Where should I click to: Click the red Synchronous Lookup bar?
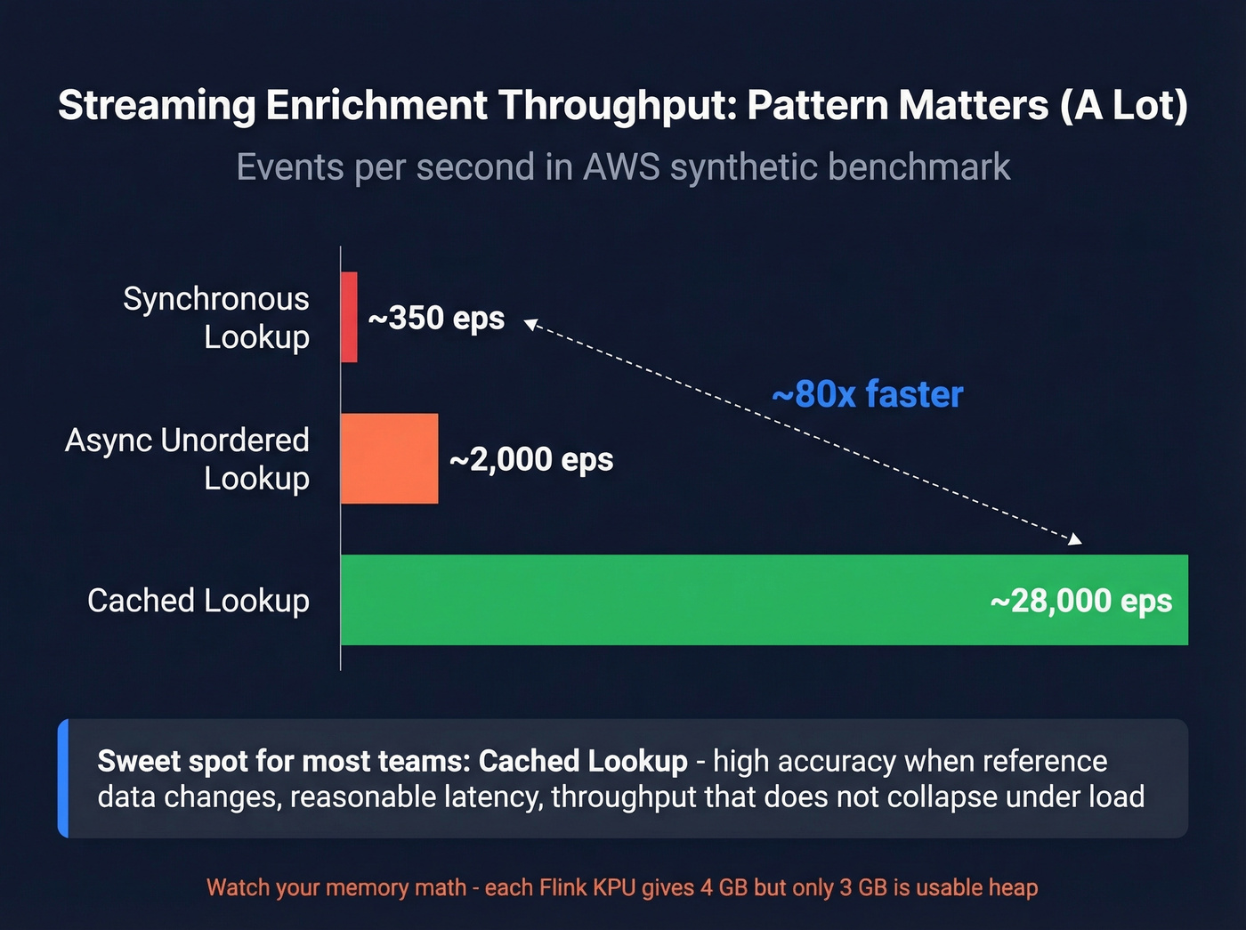[349, 317]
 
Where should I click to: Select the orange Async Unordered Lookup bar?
[389, 458]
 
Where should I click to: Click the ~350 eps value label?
[436, 318]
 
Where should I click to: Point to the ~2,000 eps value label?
[531, 459]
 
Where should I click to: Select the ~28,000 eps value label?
[1080, 601]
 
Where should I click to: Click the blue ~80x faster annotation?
[867, 394]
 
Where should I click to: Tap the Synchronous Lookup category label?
[216, 318]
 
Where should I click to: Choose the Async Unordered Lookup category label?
[188, 459]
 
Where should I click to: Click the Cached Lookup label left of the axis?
[198, 601]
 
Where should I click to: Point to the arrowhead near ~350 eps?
[530, 324]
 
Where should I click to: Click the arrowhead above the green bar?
[1075, 538]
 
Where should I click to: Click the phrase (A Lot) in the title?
[1123, 105]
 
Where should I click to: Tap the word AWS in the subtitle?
[621, 167]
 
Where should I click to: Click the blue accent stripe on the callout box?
[63, 778]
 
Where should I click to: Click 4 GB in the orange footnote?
[721, 887]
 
